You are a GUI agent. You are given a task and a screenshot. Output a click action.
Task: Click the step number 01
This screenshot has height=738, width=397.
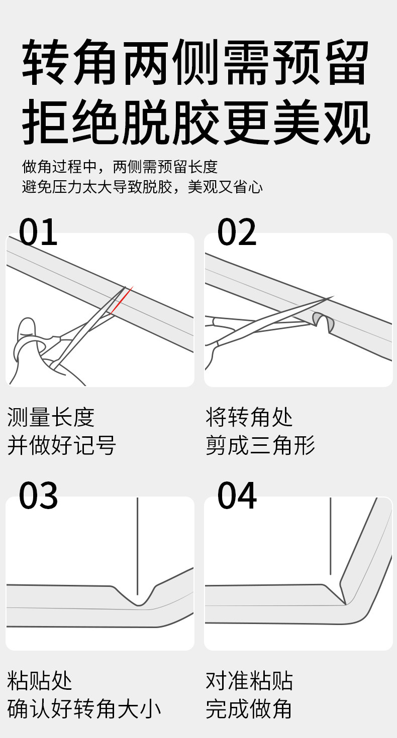(39, 232)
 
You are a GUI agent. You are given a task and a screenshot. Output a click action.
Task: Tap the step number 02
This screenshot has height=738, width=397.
(237, 232)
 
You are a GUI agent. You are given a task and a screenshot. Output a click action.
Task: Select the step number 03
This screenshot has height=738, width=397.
(39, 496)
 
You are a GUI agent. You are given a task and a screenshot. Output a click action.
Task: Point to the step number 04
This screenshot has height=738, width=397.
(237, 496)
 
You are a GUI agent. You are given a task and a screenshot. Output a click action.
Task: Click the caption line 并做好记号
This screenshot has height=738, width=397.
(62, 445)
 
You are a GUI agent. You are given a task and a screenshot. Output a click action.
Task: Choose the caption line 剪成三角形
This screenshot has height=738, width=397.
(260, 445)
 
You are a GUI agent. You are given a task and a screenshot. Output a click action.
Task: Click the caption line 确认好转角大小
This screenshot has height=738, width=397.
(84, 708)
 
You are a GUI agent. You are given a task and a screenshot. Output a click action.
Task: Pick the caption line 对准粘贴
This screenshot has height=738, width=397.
(249, 681)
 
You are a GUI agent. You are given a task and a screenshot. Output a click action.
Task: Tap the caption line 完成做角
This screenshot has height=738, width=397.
(249, 708)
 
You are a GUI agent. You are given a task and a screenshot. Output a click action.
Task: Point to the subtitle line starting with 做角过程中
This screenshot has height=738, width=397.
(120, 166)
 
